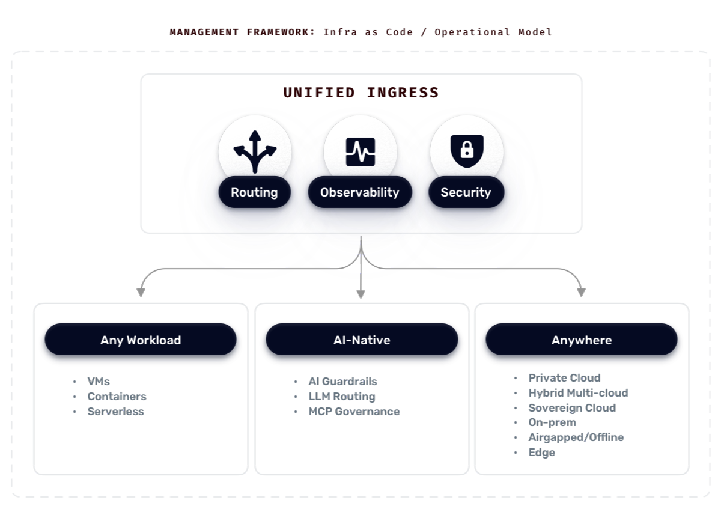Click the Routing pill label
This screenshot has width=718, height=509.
(x=254, y=192)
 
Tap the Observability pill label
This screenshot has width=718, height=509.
(x=359, y=192)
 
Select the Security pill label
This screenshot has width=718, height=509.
(x=466, y=192)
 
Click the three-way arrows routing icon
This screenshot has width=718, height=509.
(x=255, y=151)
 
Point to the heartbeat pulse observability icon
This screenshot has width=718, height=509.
(x=360, y=151)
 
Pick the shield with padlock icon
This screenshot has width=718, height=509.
(x=466, y=151)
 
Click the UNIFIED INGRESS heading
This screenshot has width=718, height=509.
(x=361, y=93)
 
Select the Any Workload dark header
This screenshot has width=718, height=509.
(x=141, y=340)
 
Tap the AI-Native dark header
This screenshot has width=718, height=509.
(x=362, y=340)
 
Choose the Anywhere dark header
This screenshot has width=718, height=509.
(x=582, y=340)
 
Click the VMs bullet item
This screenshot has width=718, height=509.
(x=99, y=382)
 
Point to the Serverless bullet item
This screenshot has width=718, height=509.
(x=115, y=412)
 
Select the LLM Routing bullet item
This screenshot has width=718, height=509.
(x=341, y=397)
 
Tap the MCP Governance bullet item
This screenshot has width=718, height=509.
(x=354, y=412)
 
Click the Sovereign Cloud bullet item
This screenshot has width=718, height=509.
(x=572, y=408)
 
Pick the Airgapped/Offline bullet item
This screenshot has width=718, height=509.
(x=576, y=437)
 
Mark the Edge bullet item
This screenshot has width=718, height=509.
(x=541, y=453)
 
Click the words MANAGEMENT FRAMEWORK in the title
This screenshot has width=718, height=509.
(x=242, y=32)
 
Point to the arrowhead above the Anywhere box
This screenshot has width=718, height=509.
(x=581, y=292)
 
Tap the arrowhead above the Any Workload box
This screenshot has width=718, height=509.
(x=141, y=292)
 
